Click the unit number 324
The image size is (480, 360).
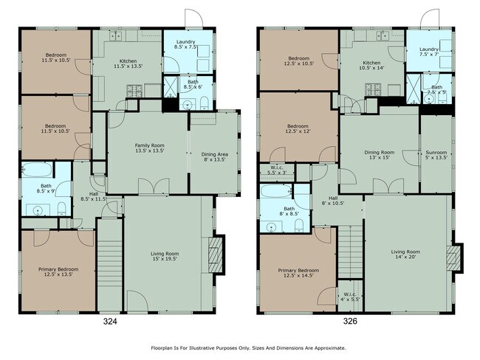110,322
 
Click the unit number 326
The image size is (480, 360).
350,321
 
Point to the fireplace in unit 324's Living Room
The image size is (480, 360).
215,255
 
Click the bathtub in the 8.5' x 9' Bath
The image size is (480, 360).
37,170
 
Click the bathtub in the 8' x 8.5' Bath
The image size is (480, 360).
275,191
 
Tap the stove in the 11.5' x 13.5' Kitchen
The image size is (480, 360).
134,91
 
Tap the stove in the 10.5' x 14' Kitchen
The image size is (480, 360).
373,89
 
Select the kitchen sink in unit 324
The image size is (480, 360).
116,36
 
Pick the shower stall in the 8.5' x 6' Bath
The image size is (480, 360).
171,87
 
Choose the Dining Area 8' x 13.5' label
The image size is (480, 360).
214,157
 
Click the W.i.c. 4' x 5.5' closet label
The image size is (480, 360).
349,297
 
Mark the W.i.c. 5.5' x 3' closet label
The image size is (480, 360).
278,170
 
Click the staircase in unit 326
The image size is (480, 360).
350,252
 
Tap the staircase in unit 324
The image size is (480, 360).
110,265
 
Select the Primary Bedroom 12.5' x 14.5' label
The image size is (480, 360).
298,273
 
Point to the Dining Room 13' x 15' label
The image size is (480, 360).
380,155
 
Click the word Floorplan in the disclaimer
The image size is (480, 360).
161,347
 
